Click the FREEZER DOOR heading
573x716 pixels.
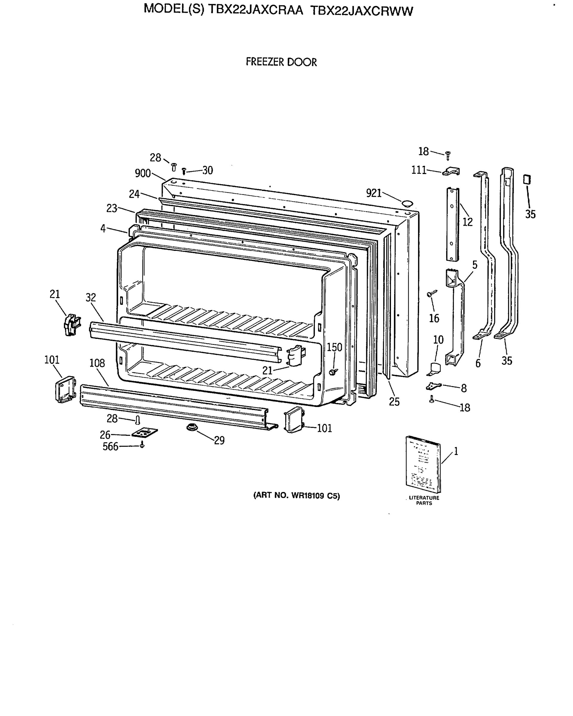coord(281,62)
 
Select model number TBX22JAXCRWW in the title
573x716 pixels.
coord(361,11)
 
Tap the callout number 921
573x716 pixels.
coord(373,193)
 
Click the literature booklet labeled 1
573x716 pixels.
coord(423,464)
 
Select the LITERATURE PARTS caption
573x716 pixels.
coord(424,500)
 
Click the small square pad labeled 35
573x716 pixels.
coord(527,179)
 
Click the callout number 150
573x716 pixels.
coord(334,347)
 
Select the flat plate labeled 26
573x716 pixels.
coord(144,432)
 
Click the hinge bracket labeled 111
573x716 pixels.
coord(452,171)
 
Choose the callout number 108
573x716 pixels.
coord(97,363)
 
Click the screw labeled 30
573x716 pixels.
coord(184,171)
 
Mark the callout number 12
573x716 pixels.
coord(467,222)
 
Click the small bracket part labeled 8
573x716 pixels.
coord(433,386)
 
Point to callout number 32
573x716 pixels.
coord(91,297)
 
